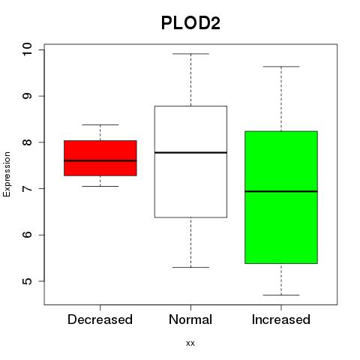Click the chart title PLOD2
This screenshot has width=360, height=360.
point(190,23)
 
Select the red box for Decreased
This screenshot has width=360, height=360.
point(100,158)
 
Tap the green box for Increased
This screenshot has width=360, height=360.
point(281,197)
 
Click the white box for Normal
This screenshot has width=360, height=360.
point(190,162)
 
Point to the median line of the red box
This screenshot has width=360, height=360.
point(100,160)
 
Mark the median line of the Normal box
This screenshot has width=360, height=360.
point(190,152)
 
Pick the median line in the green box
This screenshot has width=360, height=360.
point(281,191)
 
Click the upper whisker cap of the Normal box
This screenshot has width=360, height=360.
point(190,54)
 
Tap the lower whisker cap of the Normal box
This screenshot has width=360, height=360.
point(190,267)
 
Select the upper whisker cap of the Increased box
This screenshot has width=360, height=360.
point(281,67)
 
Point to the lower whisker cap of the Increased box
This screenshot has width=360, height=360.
point(281,295)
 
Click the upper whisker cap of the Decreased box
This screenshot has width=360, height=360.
point(100,124)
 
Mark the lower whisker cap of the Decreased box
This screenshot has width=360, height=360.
point(100,186)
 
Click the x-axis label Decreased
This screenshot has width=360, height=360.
point(100,319)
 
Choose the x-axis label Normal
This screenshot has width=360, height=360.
point(190,319)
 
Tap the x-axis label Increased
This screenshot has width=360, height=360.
point(281,319)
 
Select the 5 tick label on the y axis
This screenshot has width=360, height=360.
point(27,281)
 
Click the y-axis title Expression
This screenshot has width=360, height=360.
point(7,174)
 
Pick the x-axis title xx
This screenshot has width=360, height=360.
point(190,343)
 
